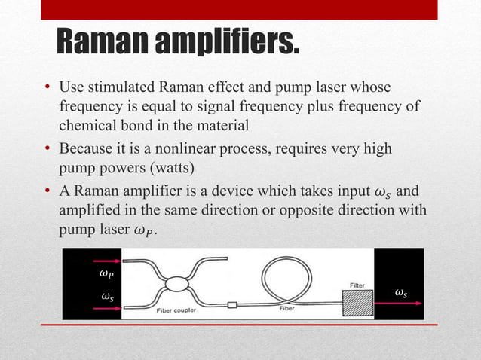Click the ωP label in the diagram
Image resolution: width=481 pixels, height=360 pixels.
pos(107,273)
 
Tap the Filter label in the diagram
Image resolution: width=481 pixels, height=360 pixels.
pos(357,284)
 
